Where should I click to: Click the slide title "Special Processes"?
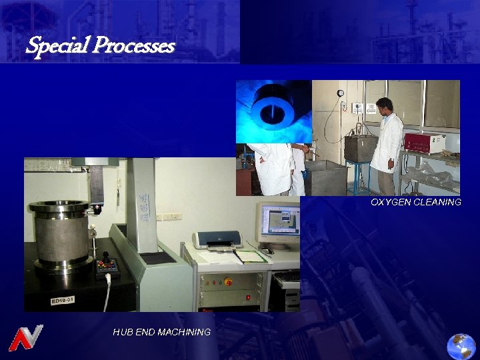pos(100,46)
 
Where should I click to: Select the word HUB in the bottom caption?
pos(122,332)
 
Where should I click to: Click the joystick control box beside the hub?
pos(107,267)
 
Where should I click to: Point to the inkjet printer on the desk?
pos(217,240)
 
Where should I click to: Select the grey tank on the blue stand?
pos(360,148)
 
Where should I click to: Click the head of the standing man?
pos(384,105)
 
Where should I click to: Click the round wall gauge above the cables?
pos(341,93)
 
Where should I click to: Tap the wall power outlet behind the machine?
pos(172,216)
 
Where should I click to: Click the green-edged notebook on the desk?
pos(249,256)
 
